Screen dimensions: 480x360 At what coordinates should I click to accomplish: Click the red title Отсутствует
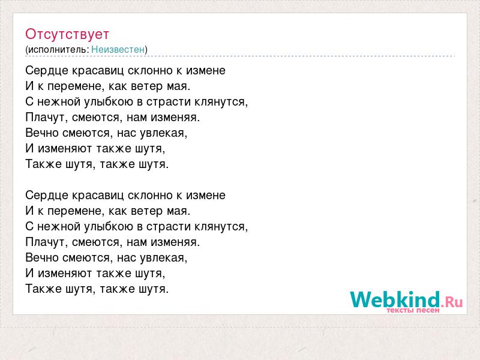67,34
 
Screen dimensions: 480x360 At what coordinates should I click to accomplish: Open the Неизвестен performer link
118,49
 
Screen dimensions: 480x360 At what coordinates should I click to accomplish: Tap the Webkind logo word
395,299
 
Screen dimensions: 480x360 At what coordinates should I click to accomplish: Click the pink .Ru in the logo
452,302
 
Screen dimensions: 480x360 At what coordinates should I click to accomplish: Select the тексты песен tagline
413,310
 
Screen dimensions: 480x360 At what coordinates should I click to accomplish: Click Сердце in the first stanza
47,71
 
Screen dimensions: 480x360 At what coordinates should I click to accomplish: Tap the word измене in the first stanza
206,71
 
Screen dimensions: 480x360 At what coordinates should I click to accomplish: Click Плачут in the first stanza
47,117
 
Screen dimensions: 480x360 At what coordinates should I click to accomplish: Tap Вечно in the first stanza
41,133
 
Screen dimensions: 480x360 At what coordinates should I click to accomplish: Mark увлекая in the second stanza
163,258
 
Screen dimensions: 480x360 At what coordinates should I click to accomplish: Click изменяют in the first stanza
65,149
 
